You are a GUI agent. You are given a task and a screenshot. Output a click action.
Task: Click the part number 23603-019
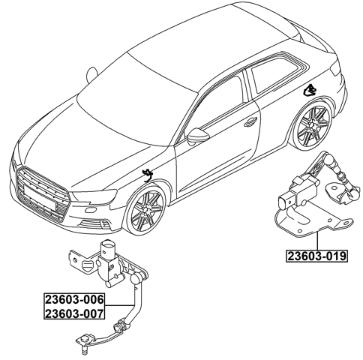pos(316,256)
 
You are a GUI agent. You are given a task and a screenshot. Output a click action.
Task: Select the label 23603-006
pos(73,300)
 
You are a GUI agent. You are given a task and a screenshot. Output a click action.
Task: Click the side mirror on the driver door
pos(199,136)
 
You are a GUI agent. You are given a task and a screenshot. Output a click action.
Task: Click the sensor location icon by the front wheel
pos(148,175)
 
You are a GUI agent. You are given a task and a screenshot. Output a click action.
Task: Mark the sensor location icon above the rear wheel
pos(309,91)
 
